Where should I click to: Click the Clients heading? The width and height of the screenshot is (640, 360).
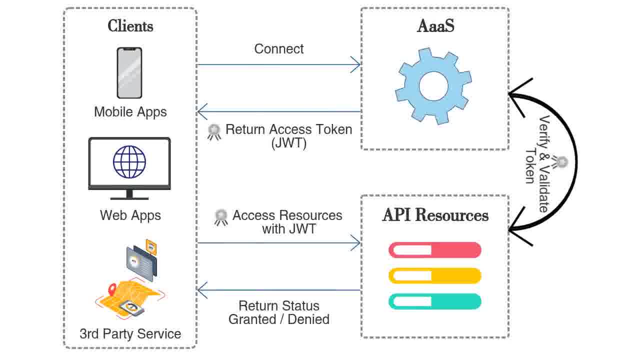[130, 26]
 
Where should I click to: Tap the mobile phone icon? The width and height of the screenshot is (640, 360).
[129, 73]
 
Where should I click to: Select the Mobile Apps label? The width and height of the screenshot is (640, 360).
[130, 111]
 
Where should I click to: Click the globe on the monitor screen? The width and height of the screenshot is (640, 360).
[129, 162]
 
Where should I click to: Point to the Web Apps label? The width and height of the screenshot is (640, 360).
[130, 215]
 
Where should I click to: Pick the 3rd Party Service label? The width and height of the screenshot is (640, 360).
[130, 333]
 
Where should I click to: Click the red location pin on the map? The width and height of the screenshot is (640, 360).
[112, 288]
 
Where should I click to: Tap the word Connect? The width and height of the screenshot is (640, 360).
[279, 49]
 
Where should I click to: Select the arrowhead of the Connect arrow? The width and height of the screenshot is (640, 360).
[356, 64]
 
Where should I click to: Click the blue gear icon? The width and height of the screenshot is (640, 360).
[433, 85]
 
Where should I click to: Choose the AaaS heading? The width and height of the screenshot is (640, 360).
[435, 26]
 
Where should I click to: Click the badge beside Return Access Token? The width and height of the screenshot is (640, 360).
[214, 131]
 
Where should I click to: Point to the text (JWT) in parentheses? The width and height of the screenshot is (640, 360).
[289, 143]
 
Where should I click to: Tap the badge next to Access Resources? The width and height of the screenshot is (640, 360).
[221, 217]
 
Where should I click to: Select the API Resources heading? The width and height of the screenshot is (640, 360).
[435, 215]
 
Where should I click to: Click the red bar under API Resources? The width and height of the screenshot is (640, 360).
[435, 250]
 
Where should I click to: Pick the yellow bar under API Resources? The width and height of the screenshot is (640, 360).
[435, 275]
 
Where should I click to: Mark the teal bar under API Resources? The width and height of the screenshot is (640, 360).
[435, 301]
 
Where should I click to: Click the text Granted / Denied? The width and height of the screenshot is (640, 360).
[279, 319]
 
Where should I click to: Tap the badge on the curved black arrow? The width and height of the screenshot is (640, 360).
[561, 162]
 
